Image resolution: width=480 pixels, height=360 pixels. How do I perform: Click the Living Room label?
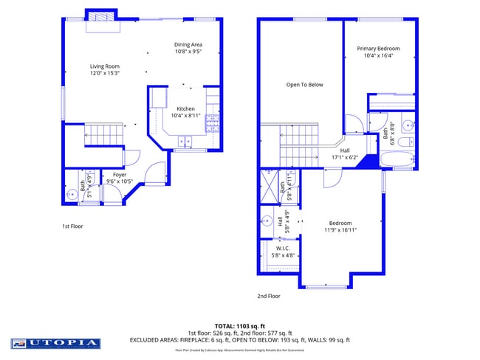(x=104, y=66)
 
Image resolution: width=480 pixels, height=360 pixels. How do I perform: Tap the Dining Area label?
(x=188, y=44)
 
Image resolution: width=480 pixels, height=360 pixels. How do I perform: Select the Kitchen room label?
(x=185, y=108)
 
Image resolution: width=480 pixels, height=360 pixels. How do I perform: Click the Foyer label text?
(x=119, y=175)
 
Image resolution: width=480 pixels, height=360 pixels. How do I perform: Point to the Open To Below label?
(x=304, y=85)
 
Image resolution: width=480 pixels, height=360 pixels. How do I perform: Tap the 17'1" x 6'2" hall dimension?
(x=344, y=157)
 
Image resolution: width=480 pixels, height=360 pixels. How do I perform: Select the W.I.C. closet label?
(x=283, y=248)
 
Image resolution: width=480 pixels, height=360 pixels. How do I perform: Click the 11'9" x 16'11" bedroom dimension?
(x=340, y=230)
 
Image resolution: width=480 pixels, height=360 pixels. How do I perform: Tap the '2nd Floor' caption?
(x=269, y=296)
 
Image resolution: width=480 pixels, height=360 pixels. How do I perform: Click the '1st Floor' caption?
(x=72, y=226)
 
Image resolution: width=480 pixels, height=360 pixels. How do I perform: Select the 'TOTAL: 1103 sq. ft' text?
(x=239, y=325)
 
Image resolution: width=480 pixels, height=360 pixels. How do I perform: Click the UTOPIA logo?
(x=55, y=343)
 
